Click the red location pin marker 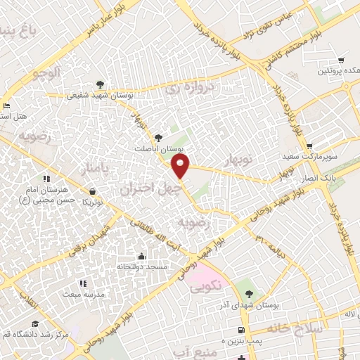click(181, 167)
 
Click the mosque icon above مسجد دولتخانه click(143, 256)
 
